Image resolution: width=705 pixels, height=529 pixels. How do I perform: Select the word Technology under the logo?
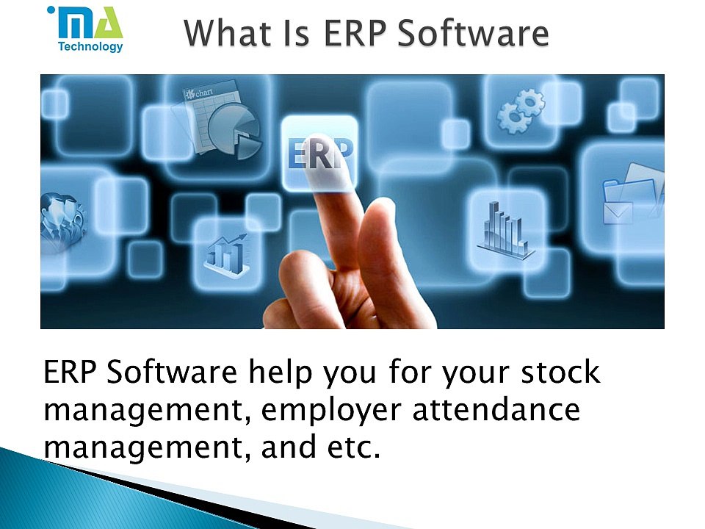tap(90, 47)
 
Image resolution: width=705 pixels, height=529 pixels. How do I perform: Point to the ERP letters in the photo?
tap(319, 155)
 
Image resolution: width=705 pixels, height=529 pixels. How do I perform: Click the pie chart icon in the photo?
tap(234, 132)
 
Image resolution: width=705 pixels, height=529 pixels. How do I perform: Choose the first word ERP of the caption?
tap(70, 373)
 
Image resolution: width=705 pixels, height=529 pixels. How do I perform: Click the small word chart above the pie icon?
tap(205, 93)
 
